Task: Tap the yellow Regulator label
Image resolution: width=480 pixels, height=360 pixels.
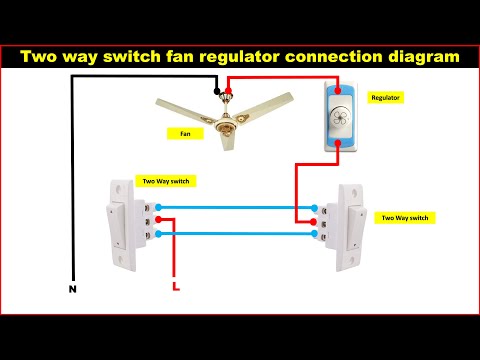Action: [x=385, y=97]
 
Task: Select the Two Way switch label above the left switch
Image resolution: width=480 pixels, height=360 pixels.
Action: [x=165, y=181]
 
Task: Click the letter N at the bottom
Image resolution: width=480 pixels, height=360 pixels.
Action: [x=71, y=290]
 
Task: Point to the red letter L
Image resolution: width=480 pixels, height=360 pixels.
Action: [x=176, y=290]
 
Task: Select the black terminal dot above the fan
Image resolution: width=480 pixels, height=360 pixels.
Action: [x=217, y=91]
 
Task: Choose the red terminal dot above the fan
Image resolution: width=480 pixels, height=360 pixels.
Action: [x=230, y=91]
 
